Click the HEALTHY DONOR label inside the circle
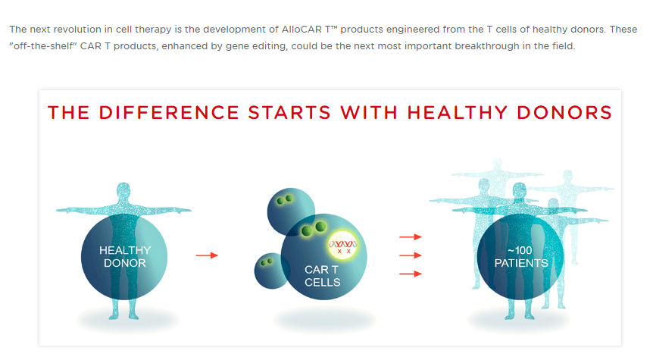(x=124, y=256)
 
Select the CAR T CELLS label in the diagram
(x=322, y=275)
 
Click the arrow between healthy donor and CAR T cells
(x=207, y=255)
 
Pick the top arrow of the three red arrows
(x=410, y=236)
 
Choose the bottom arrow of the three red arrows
(x=410, y=274)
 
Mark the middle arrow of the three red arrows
(x=410, y=255)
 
